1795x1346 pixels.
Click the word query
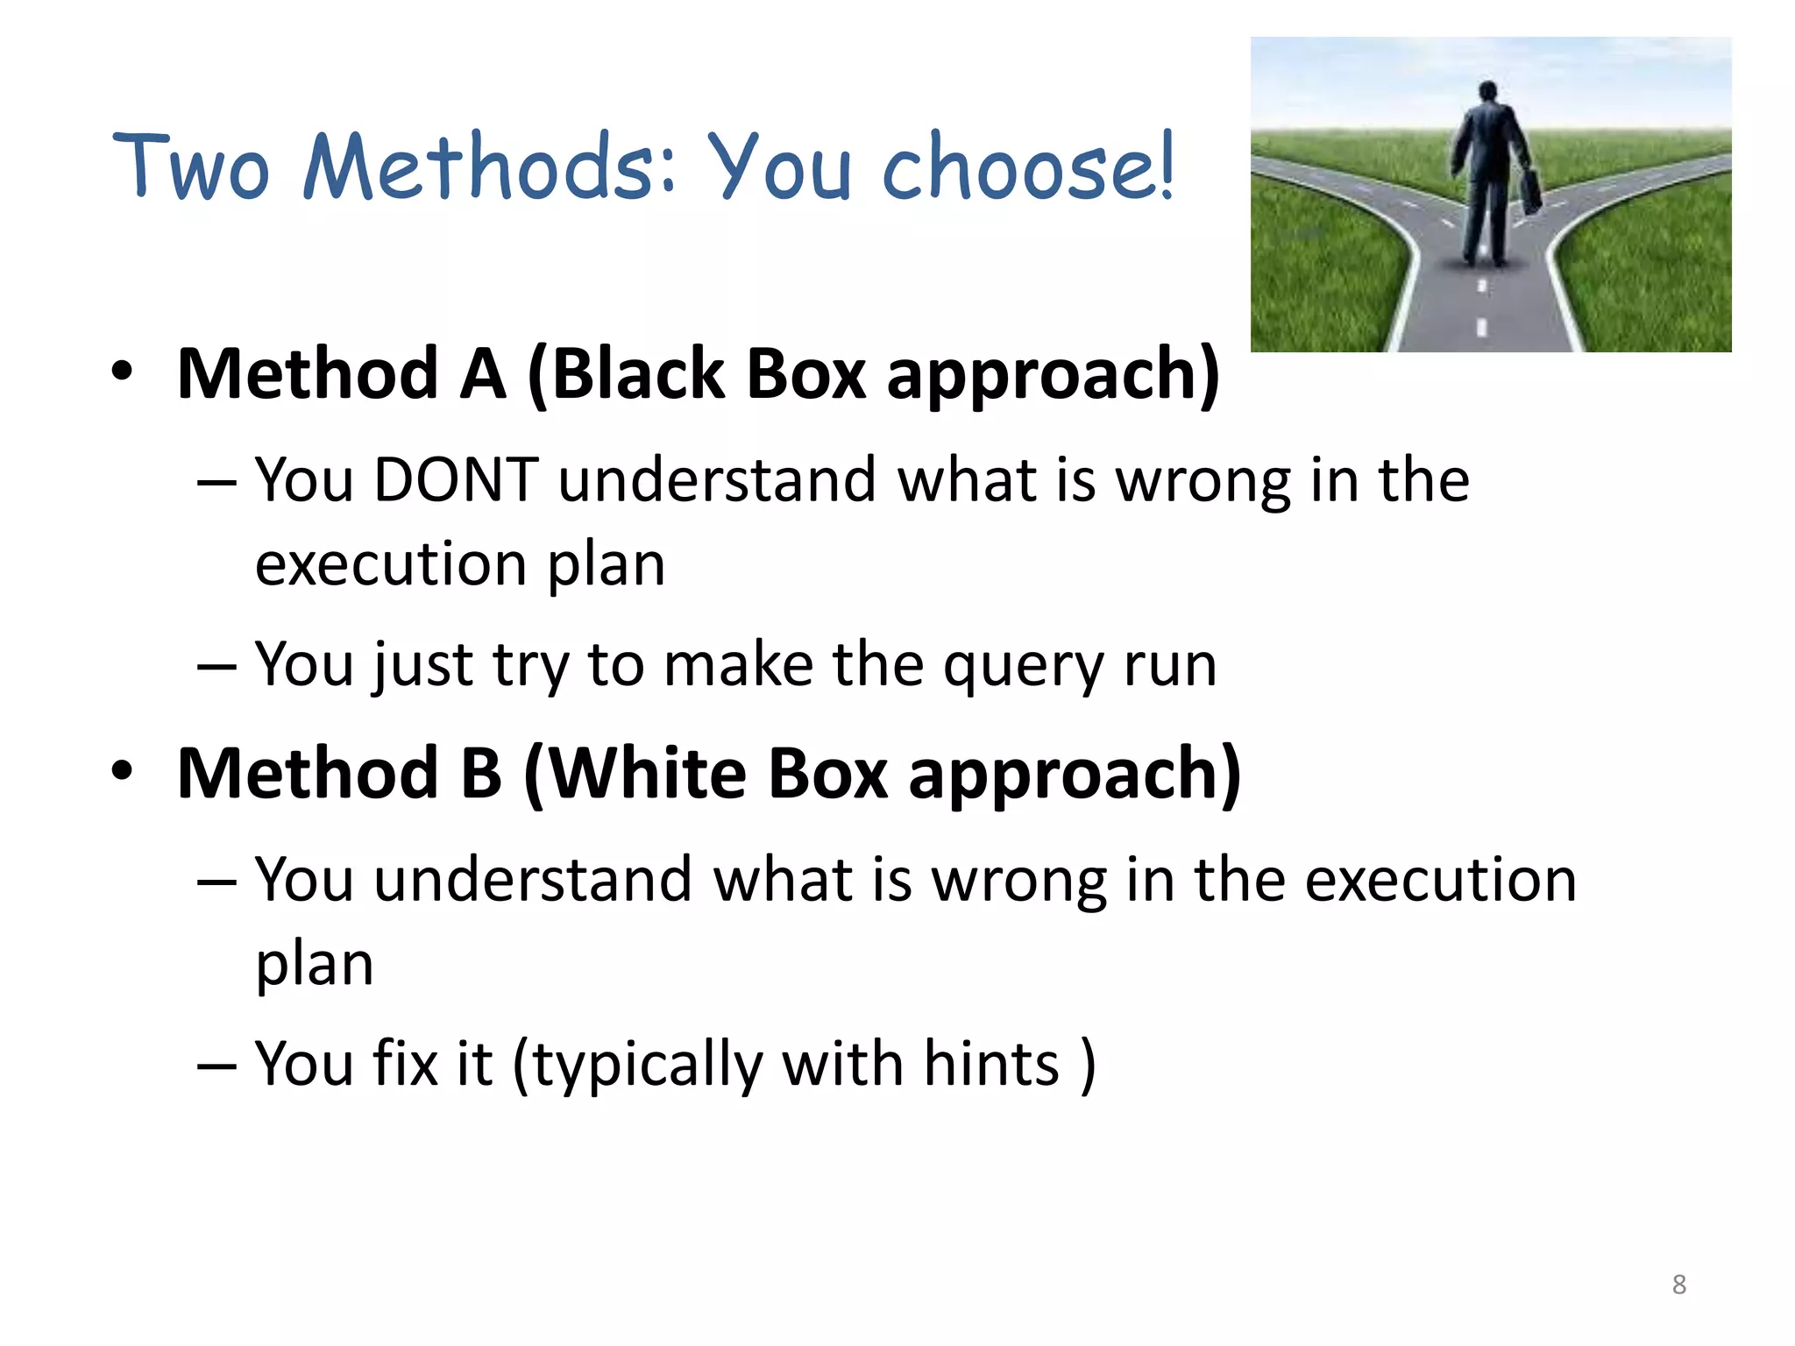pyautogui.click(x=1023, y=666)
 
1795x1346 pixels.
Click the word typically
pyautogui.click(x=647, y=1066)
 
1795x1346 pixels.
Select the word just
pyautogui.click(x=423, y=666)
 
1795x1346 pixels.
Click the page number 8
pyautogui.click(x=1678, y=1285)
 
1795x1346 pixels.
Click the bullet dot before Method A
pyautogui.click(x=122, y=372)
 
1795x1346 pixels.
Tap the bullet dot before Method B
pyautogui.click(x=122, y=771)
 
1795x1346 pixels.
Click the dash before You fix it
pyautogui.click(x=216, y=1066)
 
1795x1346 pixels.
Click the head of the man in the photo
pyautogui.click(x=1487, y=91)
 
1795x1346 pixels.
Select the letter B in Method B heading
pyautogui.click(x=481, y=775)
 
